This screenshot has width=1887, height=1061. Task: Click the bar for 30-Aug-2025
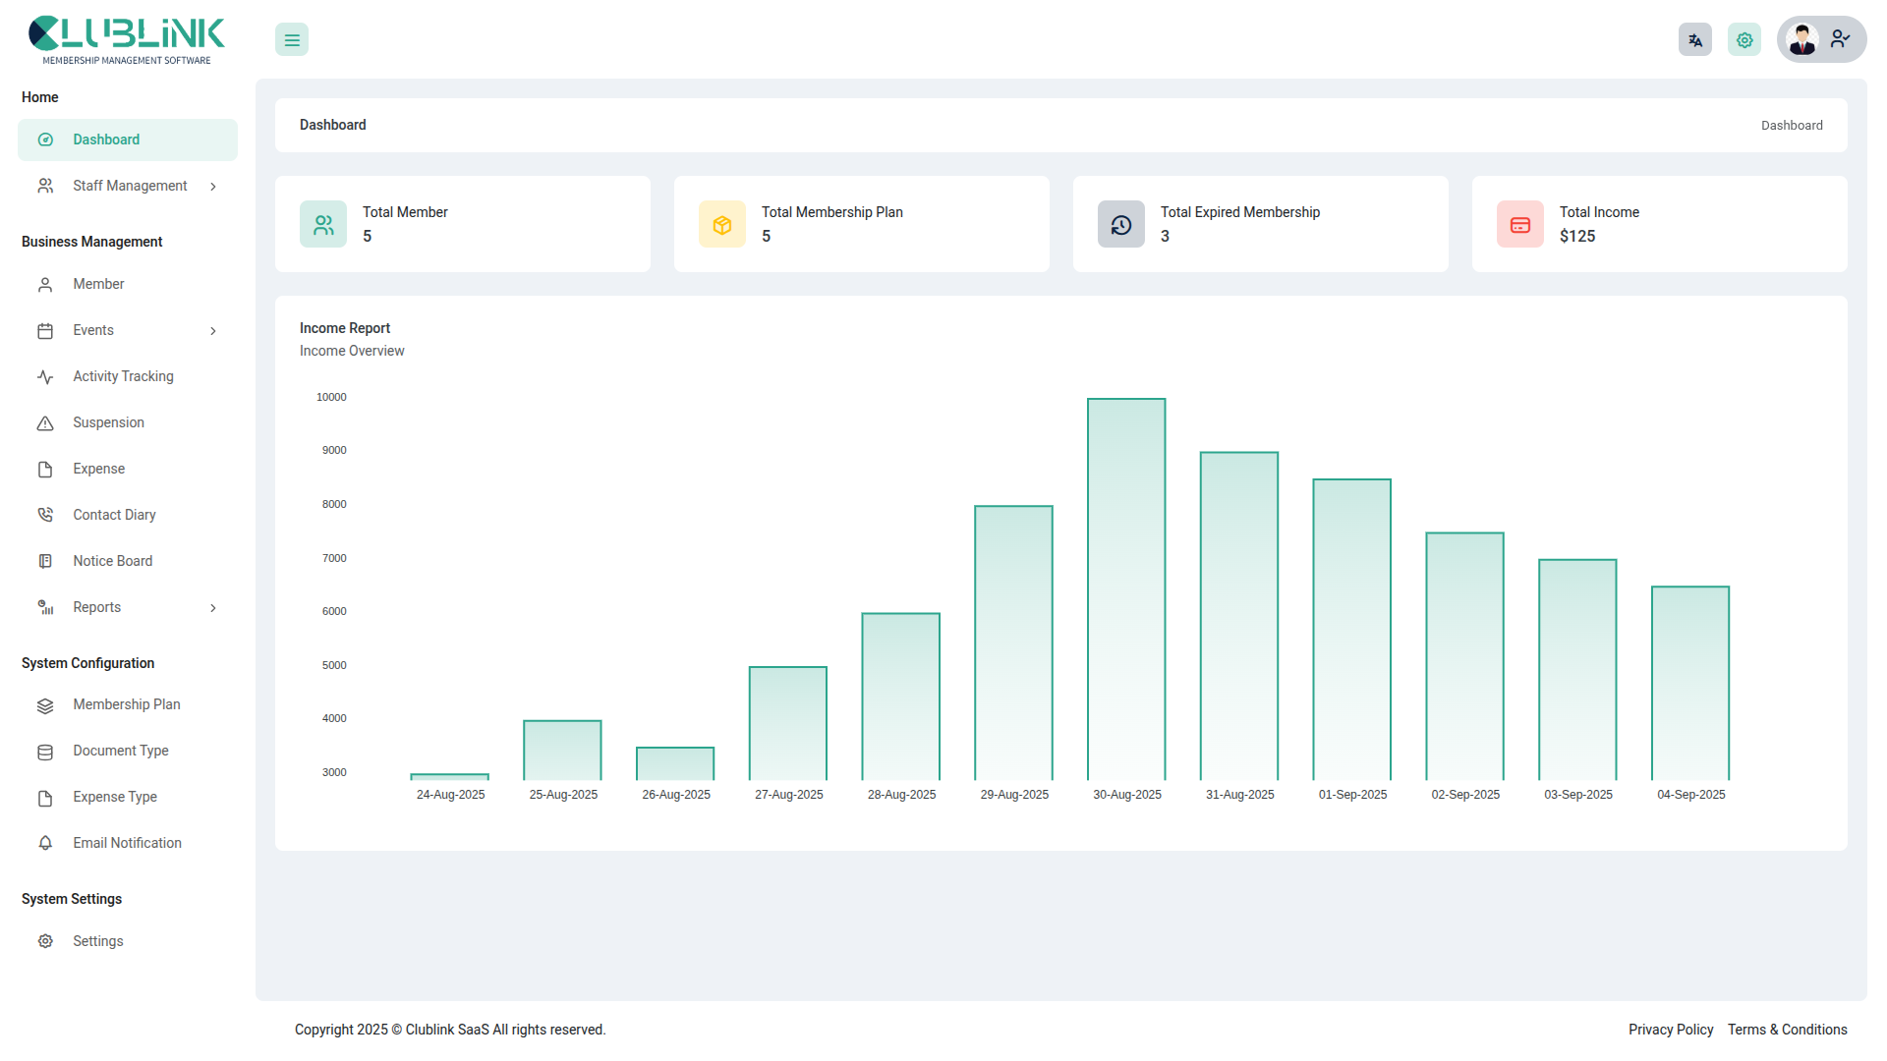click(1126, 589)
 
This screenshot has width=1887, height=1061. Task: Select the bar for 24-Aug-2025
click(449, 776)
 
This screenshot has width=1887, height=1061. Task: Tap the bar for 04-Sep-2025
click(1690, 683)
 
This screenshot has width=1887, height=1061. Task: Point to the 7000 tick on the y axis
click(334, 558)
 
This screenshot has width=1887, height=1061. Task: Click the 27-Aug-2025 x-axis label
click(788, 795)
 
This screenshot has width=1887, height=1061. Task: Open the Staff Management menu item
click(130, 186)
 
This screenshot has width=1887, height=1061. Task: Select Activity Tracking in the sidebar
click(123, 376)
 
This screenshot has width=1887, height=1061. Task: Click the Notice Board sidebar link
click(112, 561)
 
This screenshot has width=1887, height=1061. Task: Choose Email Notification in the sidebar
click(127, 843)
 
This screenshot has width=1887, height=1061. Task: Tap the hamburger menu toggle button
click(292, 40)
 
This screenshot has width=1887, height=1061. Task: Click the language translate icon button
click(1694, 40)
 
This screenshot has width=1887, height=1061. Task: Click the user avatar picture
click(1802, 40)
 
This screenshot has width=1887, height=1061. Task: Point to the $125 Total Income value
click(1576, 237)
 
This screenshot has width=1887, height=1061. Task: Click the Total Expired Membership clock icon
click(1120, 225)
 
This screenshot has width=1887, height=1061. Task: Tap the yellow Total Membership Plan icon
click(721, 225)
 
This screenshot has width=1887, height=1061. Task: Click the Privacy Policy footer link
click(1670, 1030)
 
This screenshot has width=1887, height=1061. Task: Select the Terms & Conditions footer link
click(1787, 1030)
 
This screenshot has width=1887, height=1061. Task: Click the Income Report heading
click(344, 328)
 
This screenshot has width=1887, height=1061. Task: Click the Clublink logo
click(127, 40)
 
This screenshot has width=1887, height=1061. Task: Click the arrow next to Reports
click(213, 608)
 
